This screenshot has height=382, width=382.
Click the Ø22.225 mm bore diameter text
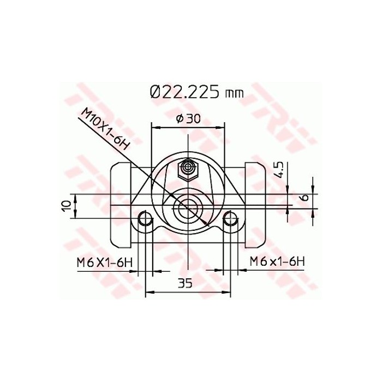[195, 91]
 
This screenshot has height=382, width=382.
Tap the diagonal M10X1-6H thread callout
[105, 129]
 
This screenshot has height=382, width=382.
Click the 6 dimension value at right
[305, 198]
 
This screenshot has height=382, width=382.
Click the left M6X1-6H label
[104, 261]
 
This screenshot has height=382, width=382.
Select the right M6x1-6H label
[277, 261]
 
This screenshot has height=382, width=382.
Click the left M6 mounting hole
[145, 219]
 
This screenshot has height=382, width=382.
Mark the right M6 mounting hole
[231, 219]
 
